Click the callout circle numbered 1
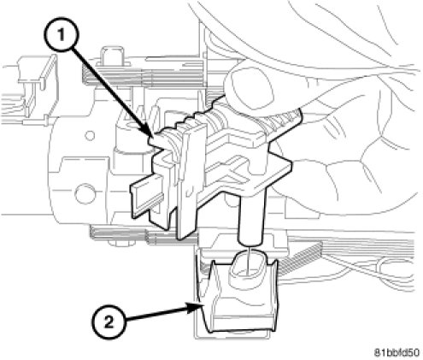tap(61, 35)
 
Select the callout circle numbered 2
tap(109, 323)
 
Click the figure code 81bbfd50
tap(397, 352)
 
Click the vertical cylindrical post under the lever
tap(252, 216)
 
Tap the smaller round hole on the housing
tap(90, 135)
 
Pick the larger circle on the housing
tap(85, 194)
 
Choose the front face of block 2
tap(242, 318)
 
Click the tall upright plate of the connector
tap(189, 182)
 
